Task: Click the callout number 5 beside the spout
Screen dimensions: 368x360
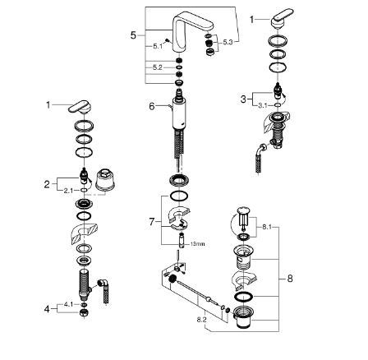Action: click(133, 35)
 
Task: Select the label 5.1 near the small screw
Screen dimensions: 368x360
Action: click(158, 46)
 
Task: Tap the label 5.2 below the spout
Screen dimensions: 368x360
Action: click(158, 67)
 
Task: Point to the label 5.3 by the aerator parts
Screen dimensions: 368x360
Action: click(228, 42)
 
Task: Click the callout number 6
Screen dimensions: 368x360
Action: click(152, 106)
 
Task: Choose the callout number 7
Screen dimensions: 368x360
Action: click(152, 222)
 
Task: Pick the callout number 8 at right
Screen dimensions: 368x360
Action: click(290, 279)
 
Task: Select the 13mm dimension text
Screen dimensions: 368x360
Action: click(199, 243)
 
